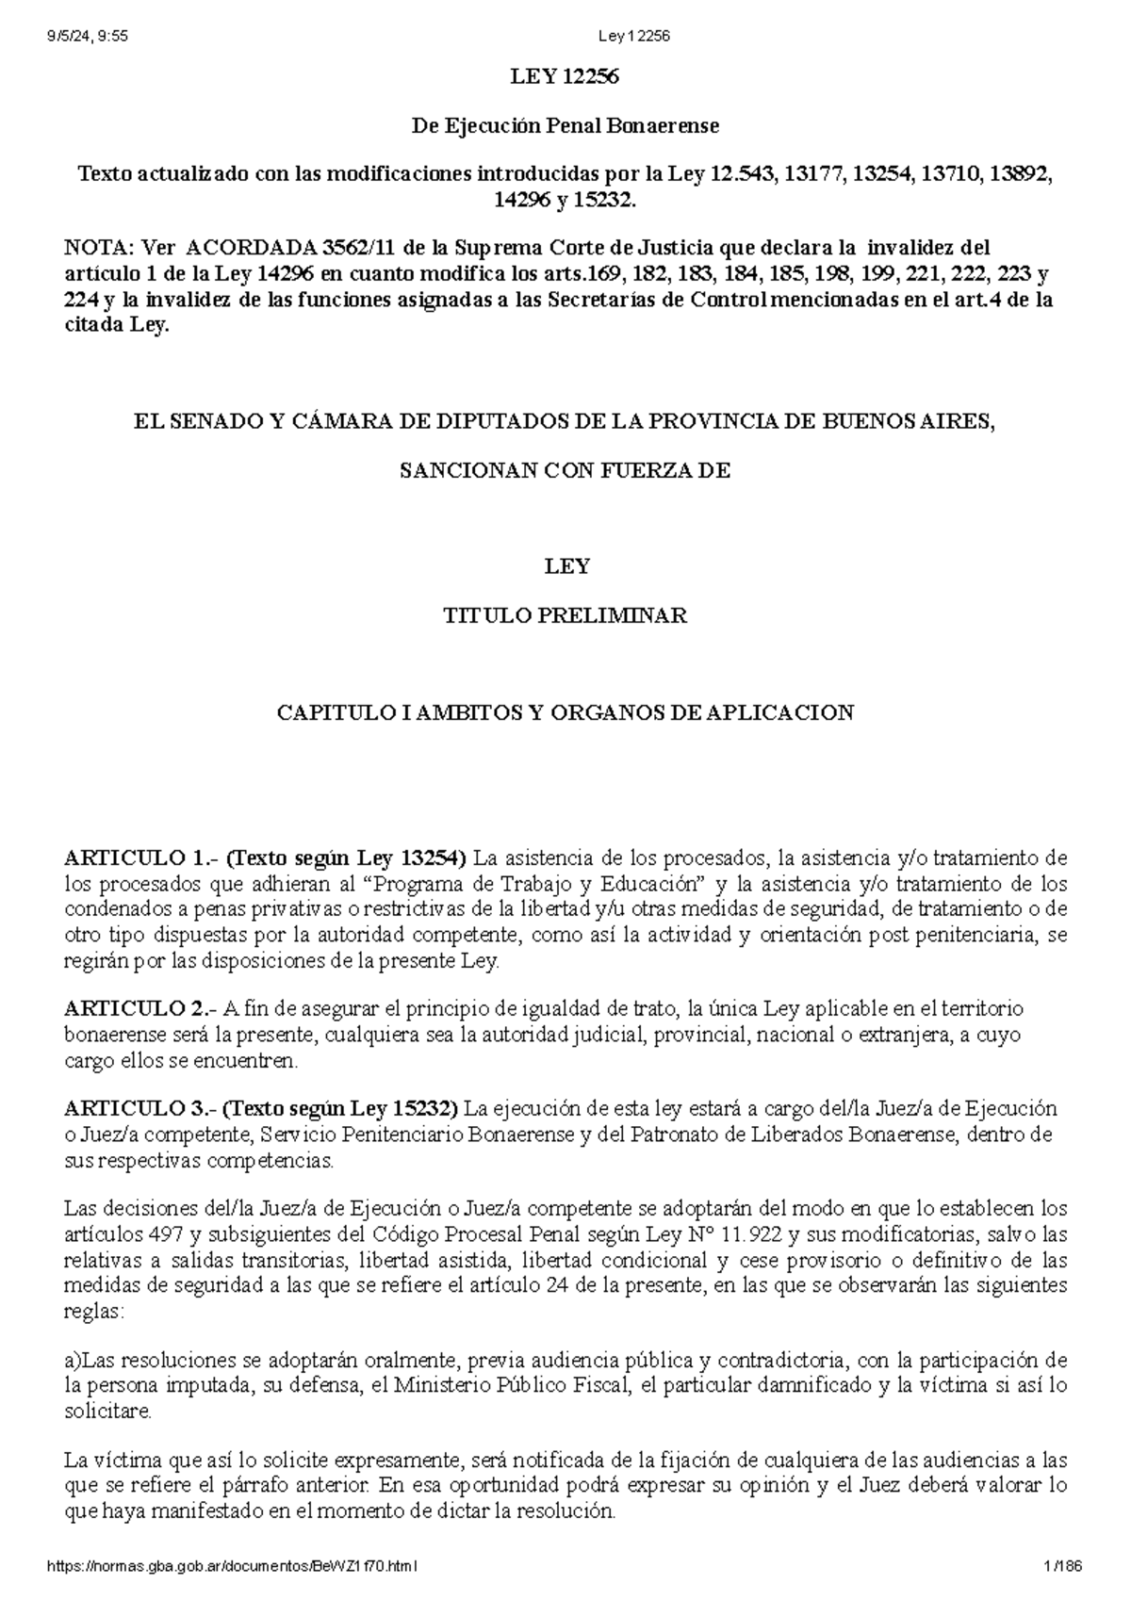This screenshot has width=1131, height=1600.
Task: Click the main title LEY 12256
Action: (x=565, y=78)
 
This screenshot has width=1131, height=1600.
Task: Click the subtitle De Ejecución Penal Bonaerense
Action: (x=565, y=125)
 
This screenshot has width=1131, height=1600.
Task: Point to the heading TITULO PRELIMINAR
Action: (x=565, y=616)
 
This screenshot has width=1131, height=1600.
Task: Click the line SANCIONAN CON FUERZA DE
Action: (x=565, y=471)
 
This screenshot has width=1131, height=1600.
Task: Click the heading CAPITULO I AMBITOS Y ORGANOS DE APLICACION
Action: (x=565, y=712)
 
